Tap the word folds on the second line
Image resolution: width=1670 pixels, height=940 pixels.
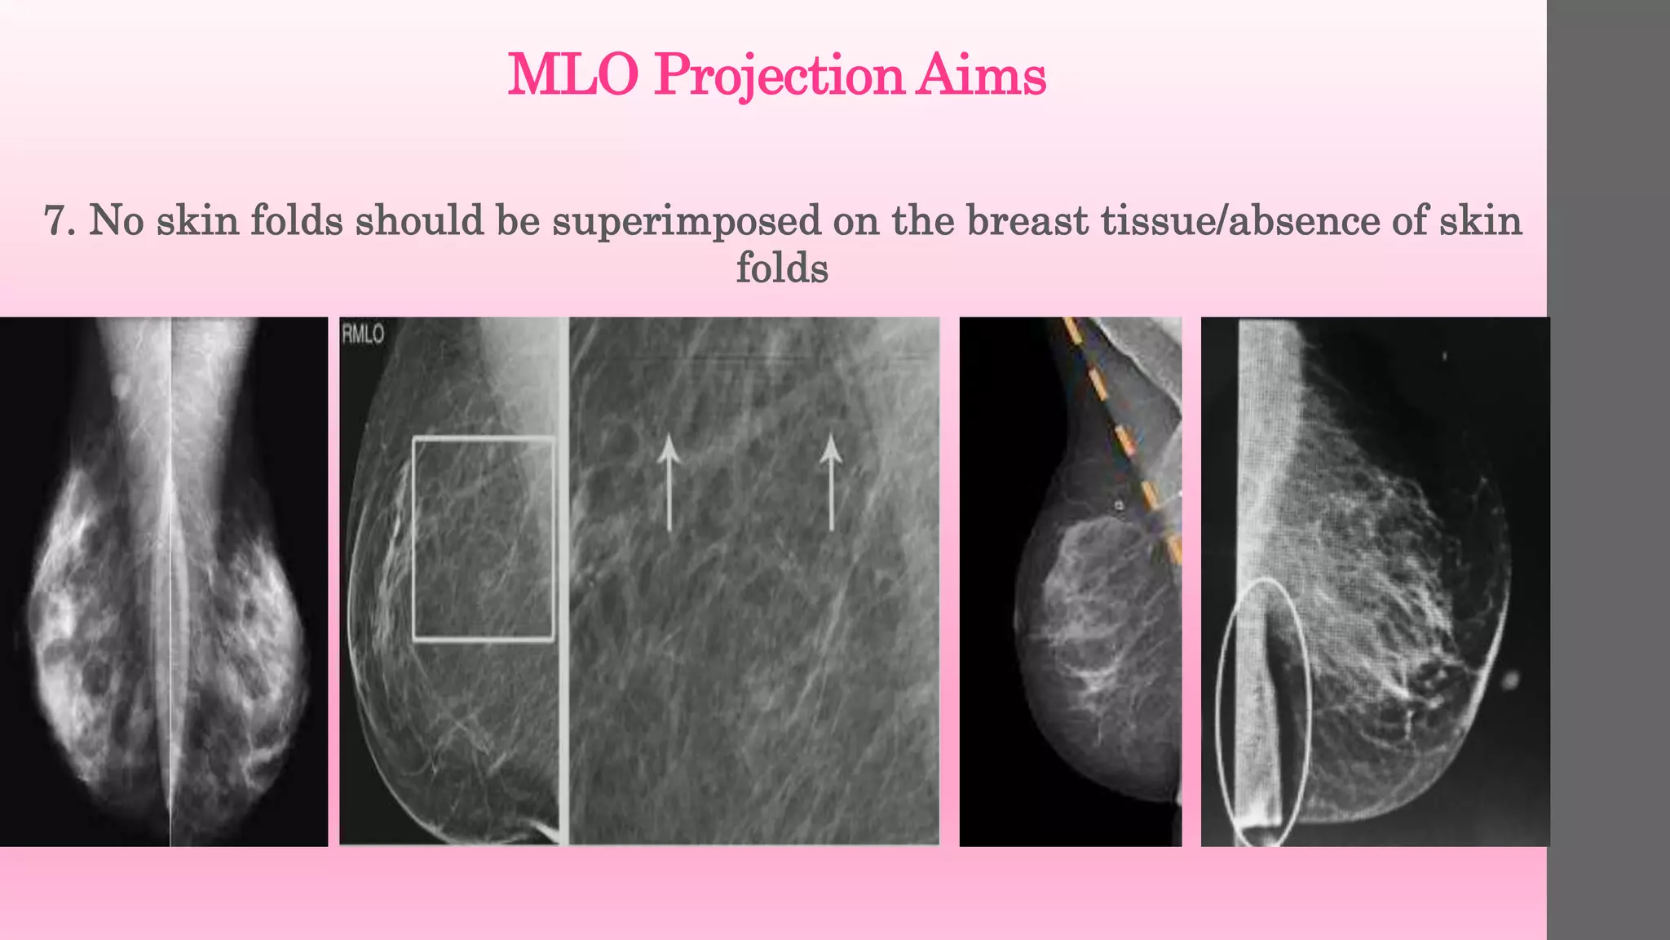click(782, 268)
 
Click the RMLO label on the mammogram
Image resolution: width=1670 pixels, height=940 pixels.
click(363, 334)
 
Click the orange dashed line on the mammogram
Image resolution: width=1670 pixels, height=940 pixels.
click(1125, 441)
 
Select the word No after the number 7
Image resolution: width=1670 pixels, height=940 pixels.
click(117, 221)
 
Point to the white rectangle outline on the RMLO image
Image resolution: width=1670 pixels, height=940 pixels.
click(414, 539)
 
